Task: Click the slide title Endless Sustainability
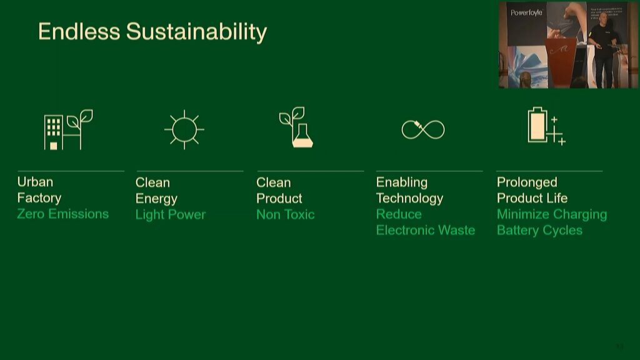pyautogui.click(x=152, y=31)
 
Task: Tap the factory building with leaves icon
pyautogui.click(x=67, y=130)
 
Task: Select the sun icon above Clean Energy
pyautogui.click(x=184, y=129)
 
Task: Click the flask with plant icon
pyautogui.click(x=296, y=128)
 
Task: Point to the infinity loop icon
pyautogui.click(x=423, y=129)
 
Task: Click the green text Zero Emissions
pyautogui.click(x=62, y=214)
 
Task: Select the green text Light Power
pyautogui.click(x=170, y=214)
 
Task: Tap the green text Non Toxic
pyautogui.click(x=285, y=214)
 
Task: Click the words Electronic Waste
pyautogui.click(x=425, y=230)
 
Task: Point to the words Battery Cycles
pyautogui.click(x=539, y=230)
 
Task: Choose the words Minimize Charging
pyautogui.click(x=551, y=214)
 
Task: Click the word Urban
pyautogui.click(x=35, y=182)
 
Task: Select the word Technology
pyautogui.click(x=409, y=198)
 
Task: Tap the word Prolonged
pyautogui.click(x=526, y=182)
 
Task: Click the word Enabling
pyautogui.click(x=401, y=182)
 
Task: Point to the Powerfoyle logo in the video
pyautogui.click(x=526, y=12)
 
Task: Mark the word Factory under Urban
pyautogui.click(x=39, y=198)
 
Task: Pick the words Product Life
pyautogui.click(x=532, y=198)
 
